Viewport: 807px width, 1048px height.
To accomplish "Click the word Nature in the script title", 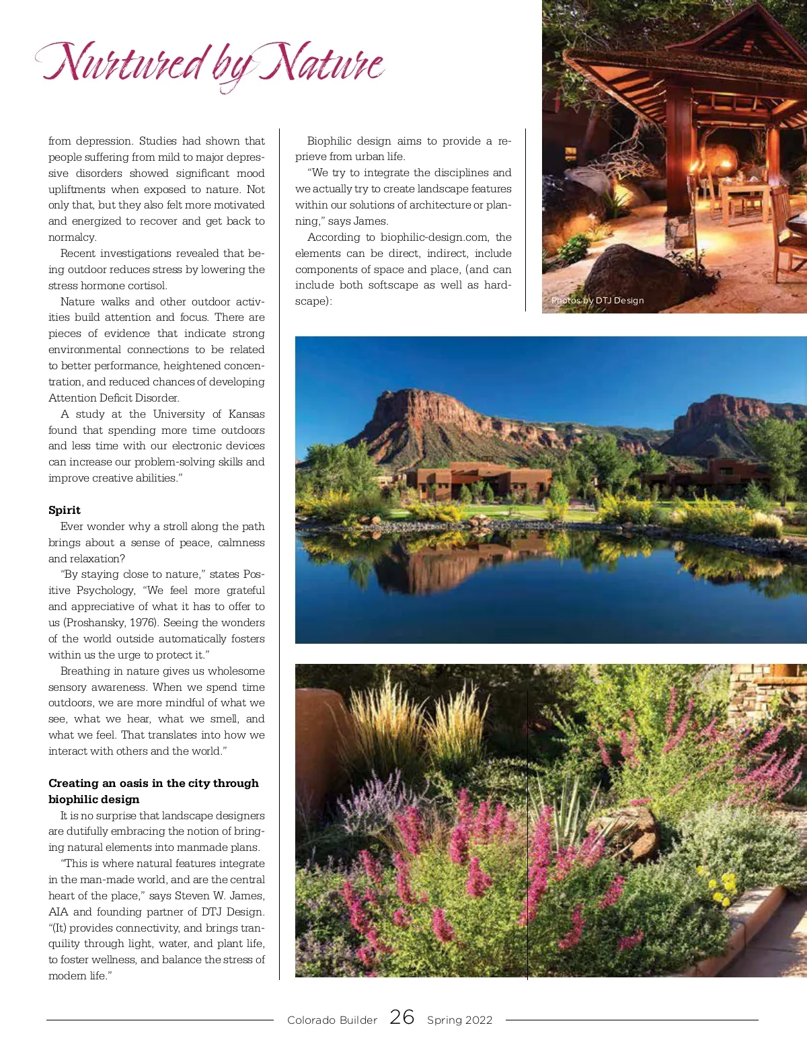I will [x=323, y=62].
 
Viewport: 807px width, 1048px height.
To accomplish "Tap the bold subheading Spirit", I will [x=65, y=510].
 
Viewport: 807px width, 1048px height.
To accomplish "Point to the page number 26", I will [x=402, y=1016].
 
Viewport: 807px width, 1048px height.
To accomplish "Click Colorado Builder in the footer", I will [x=332, y=1020].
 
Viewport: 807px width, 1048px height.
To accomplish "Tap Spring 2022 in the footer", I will [x=460, y=1020].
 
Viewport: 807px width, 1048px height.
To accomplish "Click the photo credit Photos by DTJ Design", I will [x=597, y=300].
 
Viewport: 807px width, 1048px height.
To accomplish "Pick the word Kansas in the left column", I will [x=246, y=414].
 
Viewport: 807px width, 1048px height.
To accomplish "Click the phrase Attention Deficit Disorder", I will [x=113, y=398].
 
